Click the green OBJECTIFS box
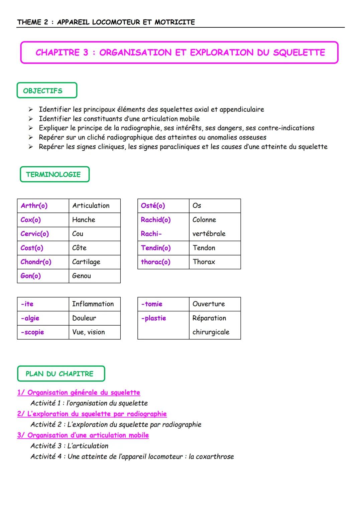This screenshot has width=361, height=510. [46, 91]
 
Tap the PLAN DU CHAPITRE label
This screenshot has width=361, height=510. [60, 374]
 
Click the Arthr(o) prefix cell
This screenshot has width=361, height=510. [34, 206]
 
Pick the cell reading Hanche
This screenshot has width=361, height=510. [84, 220]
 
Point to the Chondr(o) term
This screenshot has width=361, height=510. [36, 262]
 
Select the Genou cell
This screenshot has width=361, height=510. [82, 276]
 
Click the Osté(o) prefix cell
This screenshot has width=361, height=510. [153, 206]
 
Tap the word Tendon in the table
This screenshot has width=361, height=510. [204, 248]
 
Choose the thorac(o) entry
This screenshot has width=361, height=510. [155, 262]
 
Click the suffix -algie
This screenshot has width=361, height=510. [30, 318]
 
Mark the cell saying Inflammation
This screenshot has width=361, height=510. [93, 304]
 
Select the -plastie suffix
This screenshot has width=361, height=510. [153, 318]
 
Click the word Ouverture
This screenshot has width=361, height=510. [209, 304]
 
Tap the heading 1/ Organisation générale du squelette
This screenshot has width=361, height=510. [79, 392]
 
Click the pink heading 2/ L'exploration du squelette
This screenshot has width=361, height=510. [92, 414]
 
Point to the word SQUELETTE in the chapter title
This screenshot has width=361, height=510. [299, 52]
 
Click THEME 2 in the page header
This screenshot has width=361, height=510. [33, 22]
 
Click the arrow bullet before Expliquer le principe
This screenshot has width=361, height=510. [31, 128]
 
